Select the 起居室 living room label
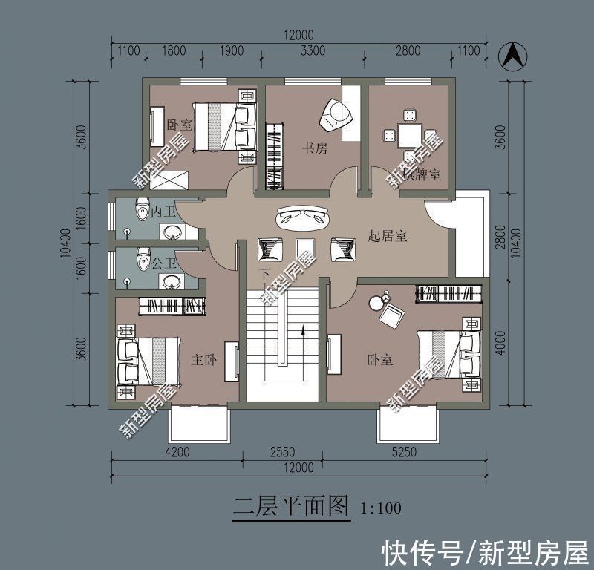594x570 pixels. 388,237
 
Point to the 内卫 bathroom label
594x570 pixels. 163,212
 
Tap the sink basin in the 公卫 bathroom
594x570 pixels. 173,282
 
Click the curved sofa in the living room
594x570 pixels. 303,217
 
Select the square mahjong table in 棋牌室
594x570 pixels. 408,136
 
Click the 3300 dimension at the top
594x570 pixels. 313,51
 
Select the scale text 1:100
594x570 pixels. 381,508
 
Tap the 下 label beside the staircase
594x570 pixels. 264,274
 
